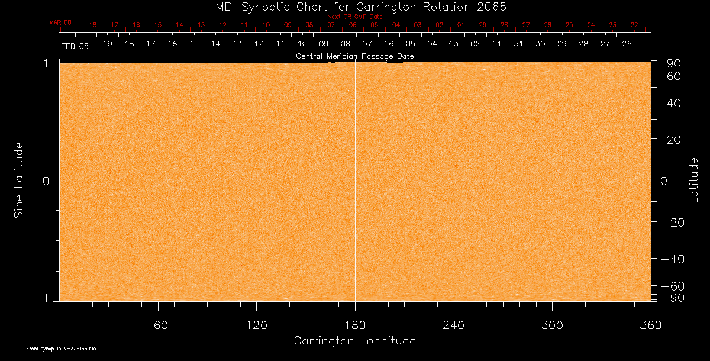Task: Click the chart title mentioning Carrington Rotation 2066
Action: [354, 7]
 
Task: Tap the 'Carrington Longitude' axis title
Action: [354, 341]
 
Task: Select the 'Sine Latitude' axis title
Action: [19, 180]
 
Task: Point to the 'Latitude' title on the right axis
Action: [694, 180]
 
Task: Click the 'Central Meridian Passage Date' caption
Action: [354, 56]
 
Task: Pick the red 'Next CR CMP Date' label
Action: [354, 17]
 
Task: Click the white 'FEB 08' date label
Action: [75, 46]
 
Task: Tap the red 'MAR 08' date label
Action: [60, 22]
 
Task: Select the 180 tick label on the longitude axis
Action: [355, 325]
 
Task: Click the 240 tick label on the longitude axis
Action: [454, 325]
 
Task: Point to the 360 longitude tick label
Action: [650, 325]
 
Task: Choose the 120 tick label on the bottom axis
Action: [256, 325]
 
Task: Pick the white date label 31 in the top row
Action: [518, 44]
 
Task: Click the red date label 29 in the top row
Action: [482, 25]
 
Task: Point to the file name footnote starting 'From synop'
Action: [61, 349]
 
